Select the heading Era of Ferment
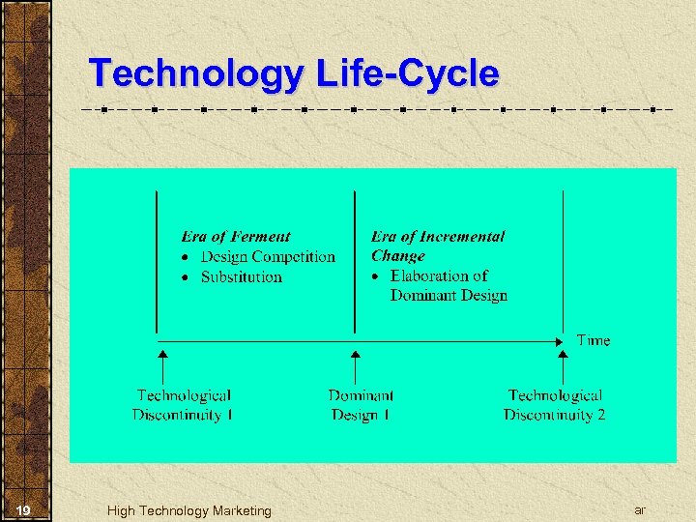(236, 236)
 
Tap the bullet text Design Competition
(268, 256)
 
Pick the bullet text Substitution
(242, 276)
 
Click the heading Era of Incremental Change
(437, 246)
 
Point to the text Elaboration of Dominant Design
(449, 286)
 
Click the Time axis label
(594, 340)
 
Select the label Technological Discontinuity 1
(184, 405)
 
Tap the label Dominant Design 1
(361, 405)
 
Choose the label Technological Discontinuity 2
(555, 405)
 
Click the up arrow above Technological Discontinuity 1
(162, 366)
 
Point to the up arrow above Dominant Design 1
(355, 366)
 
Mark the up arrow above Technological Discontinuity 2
(564, 366)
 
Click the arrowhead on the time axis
(559, 340)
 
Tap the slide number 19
(25, 510)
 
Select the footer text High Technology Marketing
(189, 510)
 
